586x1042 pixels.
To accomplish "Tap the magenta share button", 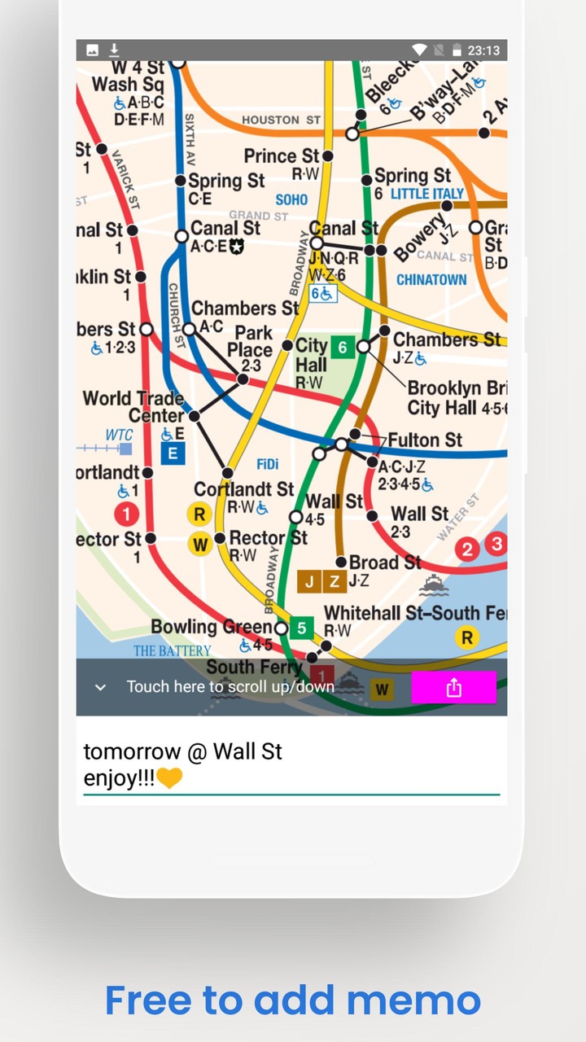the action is point(453,688).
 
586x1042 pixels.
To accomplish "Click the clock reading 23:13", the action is point(483,50).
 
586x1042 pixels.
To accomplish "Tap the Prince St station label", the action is point(282,155).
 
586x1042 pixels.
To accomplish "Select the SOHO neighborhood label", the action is point(291,199).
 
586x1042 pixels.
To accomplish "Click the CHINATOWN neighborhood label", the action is point(431,280).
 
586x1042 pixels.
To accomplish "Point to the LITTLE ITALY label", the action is point(427,194).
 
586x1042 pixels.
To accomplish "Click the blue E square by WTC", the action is point(173,453).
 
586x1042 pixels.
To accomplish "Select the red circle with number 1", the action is point(126,514).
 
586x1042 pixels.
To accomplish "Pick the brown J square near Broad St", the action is point(309,580).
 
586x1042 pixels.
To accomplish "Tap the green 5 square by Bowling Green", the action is point(302,628).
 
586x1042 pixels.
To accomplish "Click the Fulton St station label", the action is point(425,440).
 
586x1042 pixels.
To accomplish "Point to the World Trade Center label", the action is point(133,407).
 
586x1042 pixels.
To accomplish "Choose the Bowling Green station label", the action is point(211,627).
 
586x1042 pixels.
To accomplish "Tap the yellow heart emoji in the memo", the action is point(169,778).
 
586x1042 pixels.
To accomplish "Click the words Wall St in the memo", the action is point(247,751).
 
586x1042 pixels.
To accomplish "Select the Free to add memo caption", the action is point(293,1000).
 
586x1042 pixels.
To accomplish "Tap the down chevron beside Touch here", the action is point(100,688).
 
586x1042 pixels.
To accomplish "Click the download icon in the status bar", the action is point(114,50).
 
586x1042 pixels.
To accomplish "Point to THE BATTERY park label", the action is point(172,651).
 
